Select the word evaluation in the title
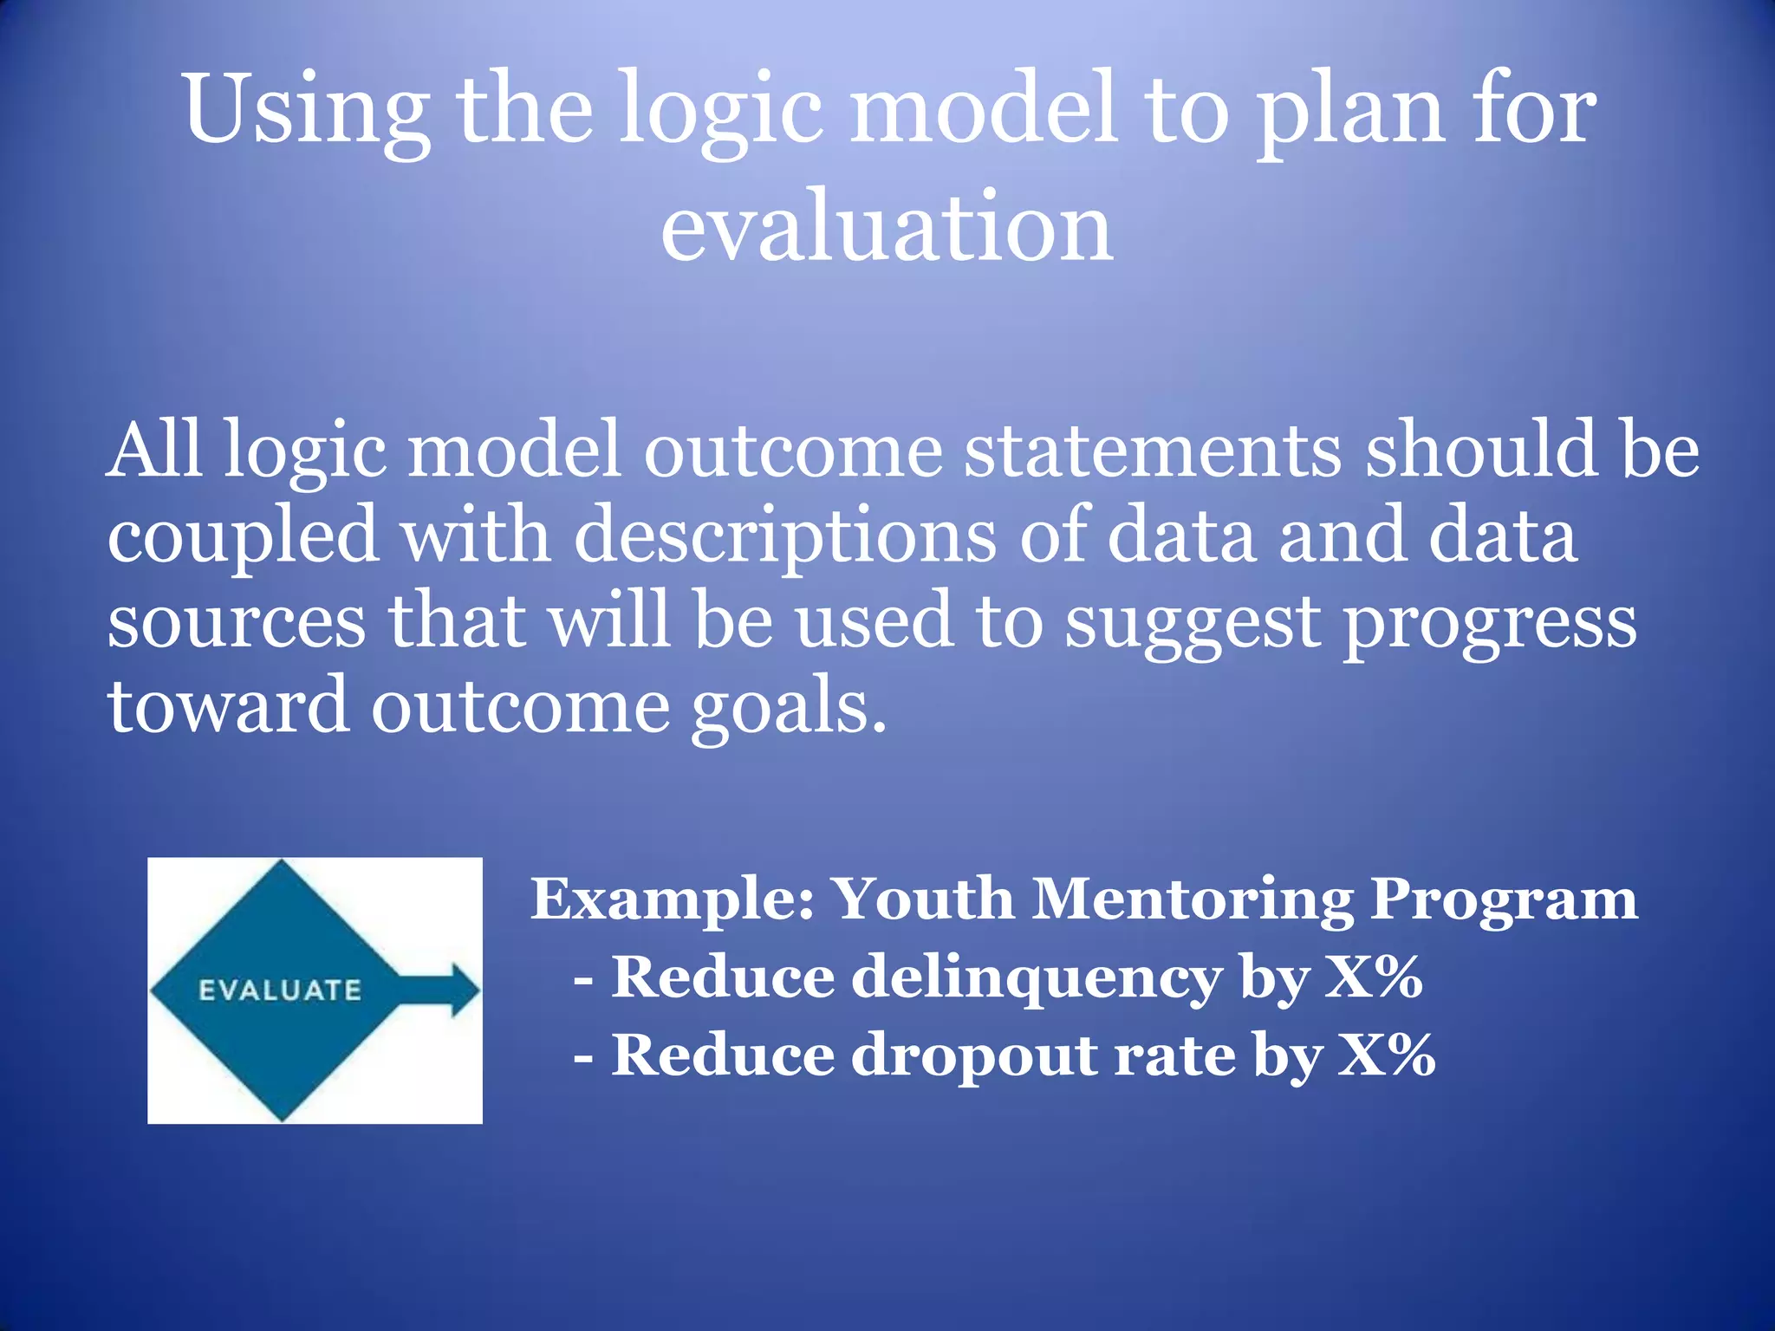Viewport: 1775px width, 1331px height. [x=887, y=227]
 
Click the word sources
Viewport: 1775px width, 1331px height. [x=237, y=623]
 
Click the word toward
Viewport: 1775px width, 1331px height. [x=228, y=705]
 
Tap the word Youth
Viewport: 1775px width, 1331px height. [x=924, y=899]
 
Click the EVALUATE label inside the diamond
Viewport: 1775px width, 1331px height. [x=280, y=990]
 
